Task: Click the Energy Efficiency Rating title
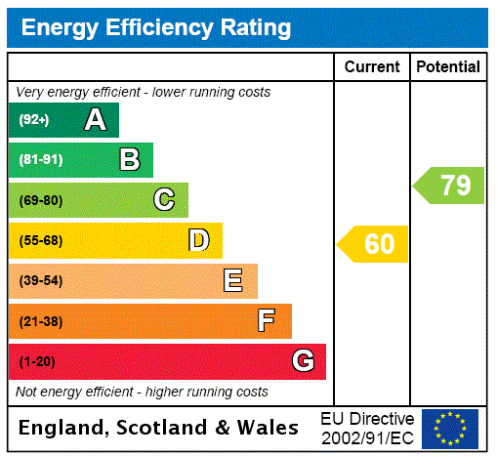(156, 28)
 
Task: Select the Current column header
(372, 67)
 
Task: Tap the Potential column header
(448, 67)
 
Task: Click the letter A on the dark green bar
(95, 120)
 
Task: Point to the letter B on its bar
(129, 160)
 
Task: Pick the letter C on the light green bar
(164, 200)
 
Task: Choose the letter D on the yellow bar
(198, 240)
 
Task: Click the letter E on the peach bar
(233, 281)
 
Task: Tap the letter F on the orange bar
(267, 321)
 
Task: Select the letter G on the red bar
(303, 361)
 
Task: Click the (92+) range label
(34, 120)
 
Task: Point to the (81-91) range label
(40, 160)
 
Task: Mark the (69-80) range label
(40, 200)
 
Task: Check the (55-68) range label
(40, 240)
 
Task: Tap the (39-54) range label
(40, 281)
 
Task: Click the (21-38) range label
(40, 321)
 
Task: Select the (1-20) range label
(37, 361)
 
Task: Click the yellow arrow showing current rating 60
(373, 244)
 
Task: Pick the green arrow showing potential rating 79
(449, 185)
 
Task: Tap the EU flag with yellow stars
(450, 428)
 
